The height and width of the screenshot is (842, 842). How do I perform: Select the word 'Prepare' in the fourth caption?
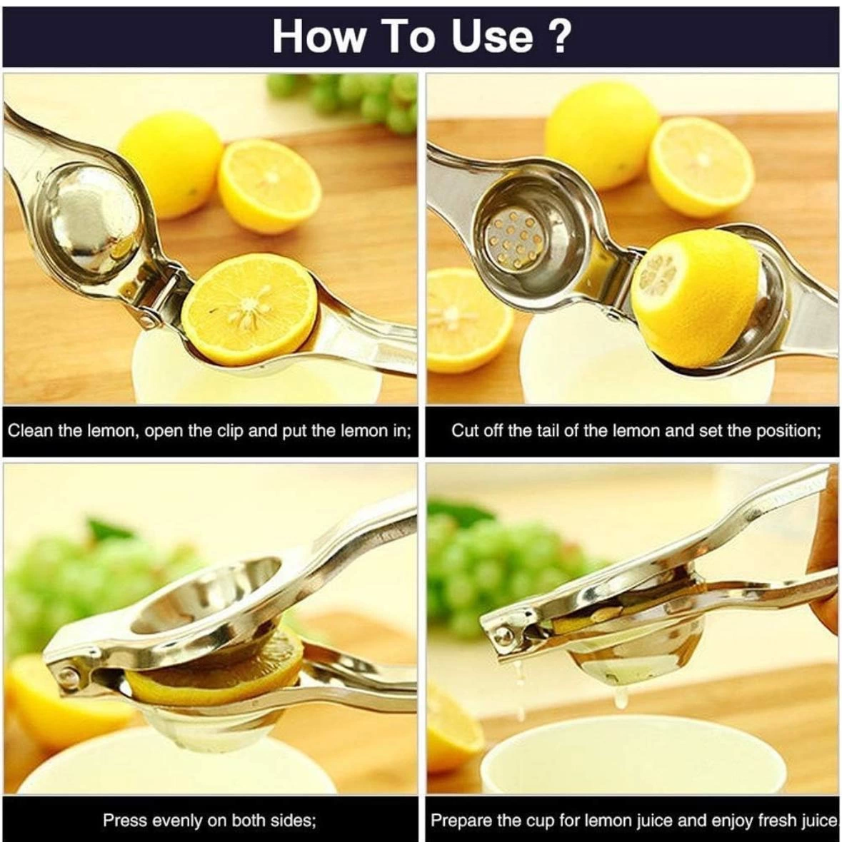click(458, 820)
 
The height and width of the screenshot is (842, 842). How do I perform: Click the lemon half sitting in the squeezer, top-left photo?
click(249, 308)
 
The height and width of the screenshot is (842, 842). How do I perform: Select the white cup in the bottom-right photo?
click(628, 756)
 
